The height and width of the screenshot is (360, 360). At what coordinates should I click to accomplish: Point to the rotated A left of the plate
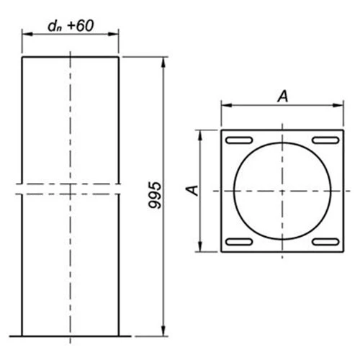(190, 190)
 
